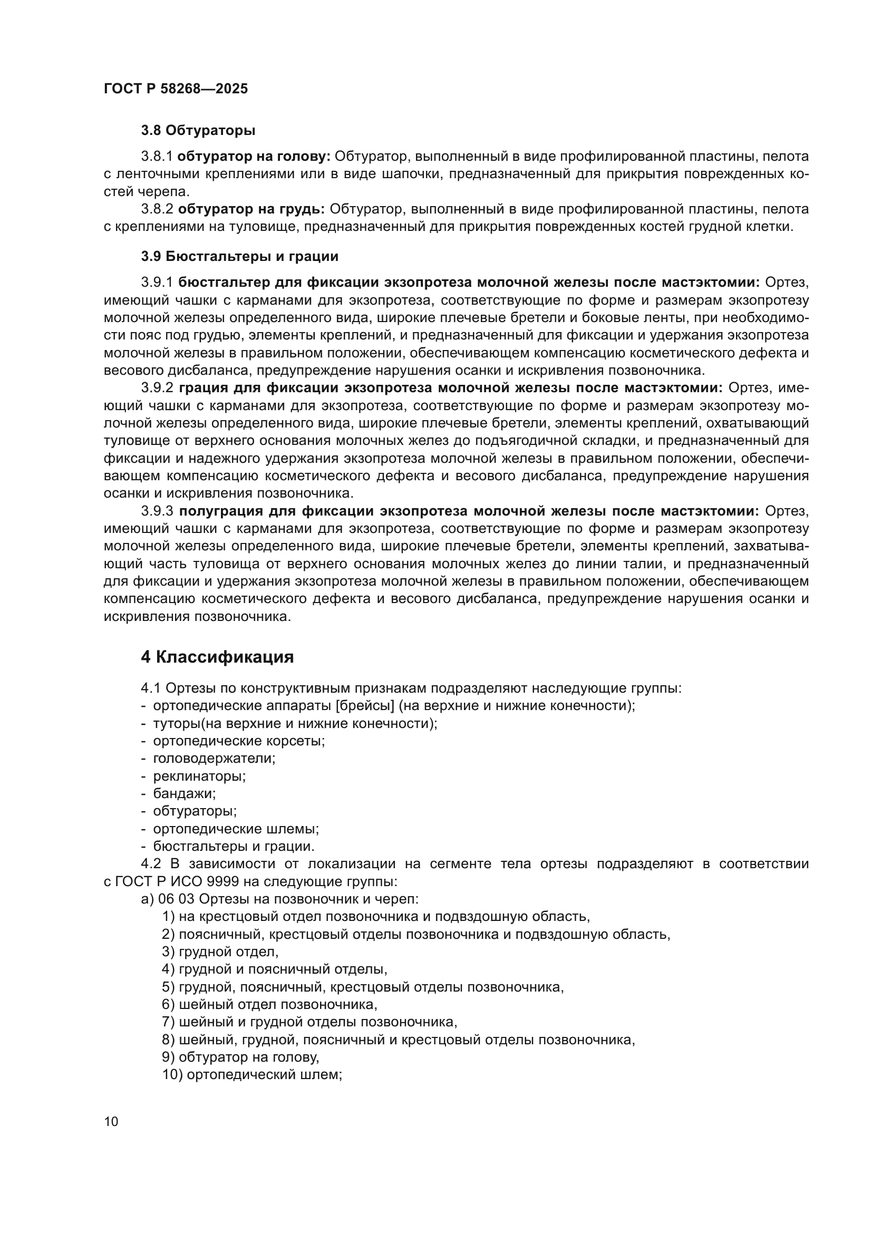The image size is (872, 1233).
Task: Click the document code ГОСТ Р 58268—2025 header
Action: (x=176, y=89)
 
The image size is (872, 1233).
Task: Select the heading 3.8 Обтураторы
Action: (x=198, y=131)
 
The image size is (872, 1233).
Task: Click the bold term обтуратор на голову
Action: (x=254, y=157)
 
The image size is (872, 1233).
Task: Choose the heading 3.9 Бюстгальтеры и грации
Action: (x=239, y=256)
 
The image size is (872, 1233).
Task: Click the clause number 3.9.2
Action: (x=157, y=388)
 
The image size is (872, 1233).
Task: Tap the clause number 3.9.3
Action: (x=157, y=511)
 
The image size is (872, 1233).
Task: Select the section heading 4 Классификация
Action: (x=217, y=657)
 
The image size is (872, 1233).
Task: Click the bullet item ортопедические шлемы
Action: (x=236, y=829)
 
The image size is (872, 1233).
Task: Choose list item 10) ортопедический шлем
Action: (x=252, y=1074)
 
